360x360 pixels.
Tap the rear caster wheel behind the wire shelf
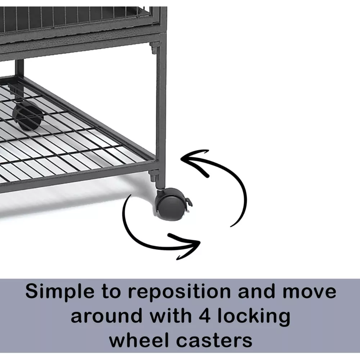(x=28, y=116)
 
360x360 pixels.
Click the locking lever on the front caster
(x=189, y=202)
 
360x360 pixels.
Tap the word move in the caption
(x=309, y=292)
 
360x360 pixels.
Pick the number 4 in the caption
(x=204, y=316)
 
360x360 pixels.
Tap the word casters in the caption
(x=214, y=341)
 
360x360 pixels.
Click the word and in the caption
(x=256, y=292)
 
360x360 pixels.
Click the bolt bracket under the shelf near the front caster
(x=153, y=175)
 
